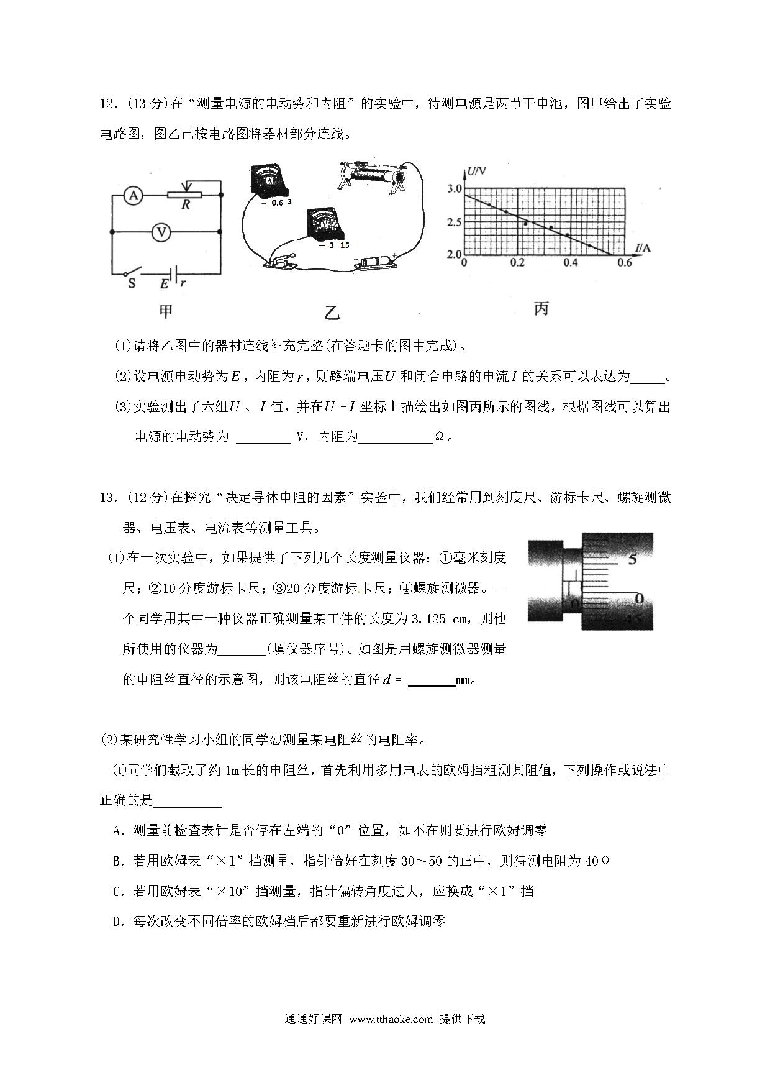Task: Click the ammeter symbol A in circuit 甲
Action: pyautogui.click(x=132, y=196)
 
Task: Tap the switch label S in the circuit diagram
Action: pyautogui.click(x=132, y=284)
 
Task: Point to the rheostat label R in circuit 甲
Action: pyautogui.click(x=185, y=204)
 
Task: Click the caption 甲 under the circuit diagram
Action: pyautogui.click(x=165, y=311)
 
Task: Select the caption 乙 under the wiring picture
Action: pyautogui.click(x=332, y=313)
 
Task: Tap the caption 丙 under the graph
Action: pyautogui.click(x=541, y=308)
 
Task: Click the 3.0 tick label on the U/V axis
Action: pyautogui.click(x=455, y=189)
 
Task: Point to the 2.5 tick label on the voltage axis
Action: pyautogui.click(x=455, y=222)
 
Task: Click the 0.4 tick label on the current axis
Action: pyautogui.click(x=570, y=263)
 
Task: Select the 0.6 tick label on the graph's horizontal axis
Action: pyautogui.click(x=624, y=263)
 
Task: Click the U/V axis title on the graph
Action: pyautogui.click(x=477, y=172)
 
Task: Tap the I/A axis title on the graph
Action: pyautogui.click(x=643, y=249)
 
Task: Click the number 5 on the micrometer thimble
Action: pyautogui.click(x=632, y=560)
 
